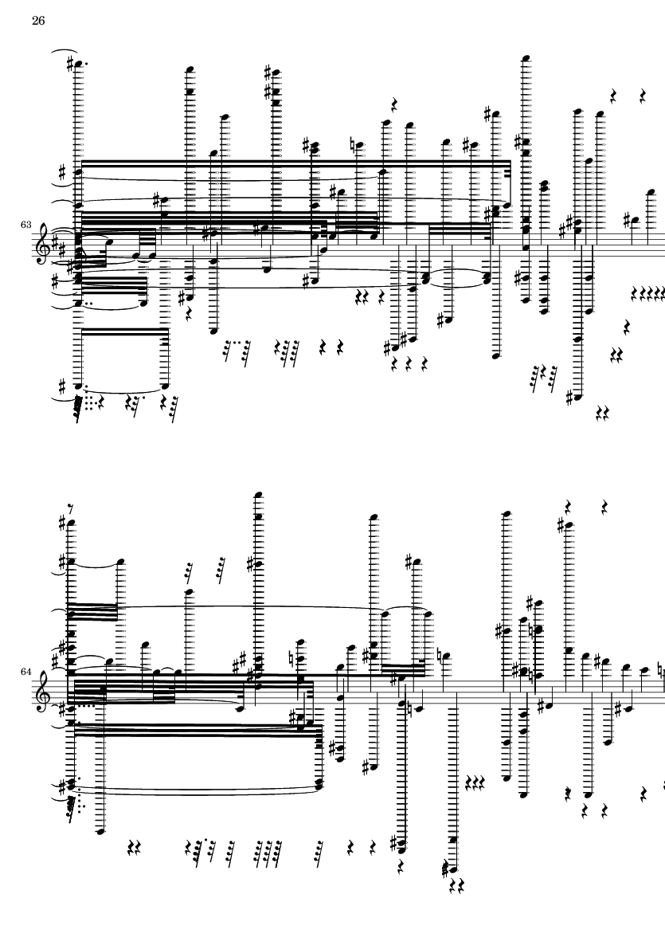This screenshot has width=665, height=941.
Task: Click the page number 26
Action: click(x=37, y=21)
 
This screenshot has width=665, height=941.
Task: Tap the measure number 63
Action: click(x=25, y=225)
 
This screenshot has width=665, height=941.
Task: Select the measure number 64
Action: click(x=25, y=672)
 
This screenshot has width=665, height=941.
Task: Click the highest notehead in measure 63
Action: click(x=526, y=58)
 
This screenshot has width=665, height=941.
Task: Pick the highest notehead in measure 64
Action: click(x=259, y=495)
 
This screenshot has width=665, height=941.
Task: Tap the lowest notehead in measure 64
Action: click(x=454, y=869)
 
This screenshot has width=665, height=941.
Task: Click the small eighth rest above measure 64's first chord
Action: click(x=72, y=509)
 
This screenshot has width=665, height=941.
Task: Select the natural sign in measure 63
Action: click(x=353, y=145)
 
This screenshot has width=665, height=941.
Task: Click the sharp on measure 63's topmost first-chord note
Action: click(x=71, y=62)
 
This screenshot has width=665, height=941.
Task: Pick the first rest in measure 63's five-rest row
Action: click(x=635, y=293)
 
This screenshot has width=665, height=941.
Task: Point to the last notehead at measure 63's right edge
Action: click(x=651, y=193)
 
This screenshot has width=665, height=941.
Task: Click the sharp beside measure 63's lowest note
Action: click(x=569, y=397)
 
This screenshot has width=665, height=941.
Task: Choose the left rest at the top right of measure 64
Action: click(x=568, y=506)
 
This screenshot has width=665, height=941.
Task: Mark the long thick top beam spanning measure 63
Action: click(x=295, y=162)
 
